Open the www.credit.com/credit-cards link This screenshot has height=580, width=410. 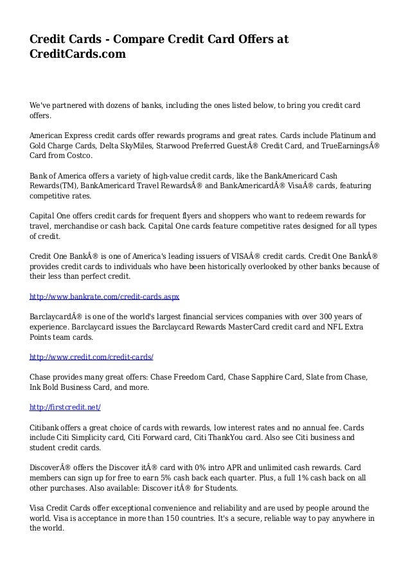92,355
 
